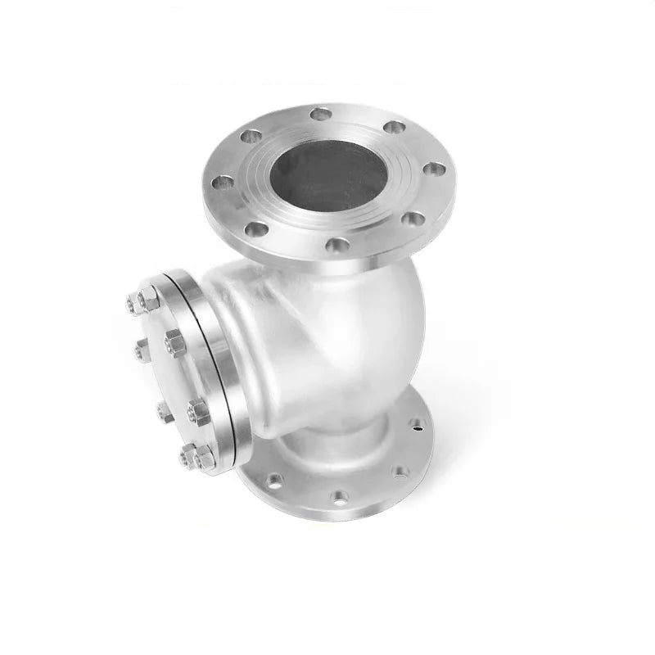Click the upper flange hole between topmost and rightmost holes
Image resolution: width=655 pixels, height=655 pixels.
click(394, 127)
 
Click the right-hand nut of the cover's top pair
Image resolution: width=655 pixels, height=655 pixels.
click(151, 297)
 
